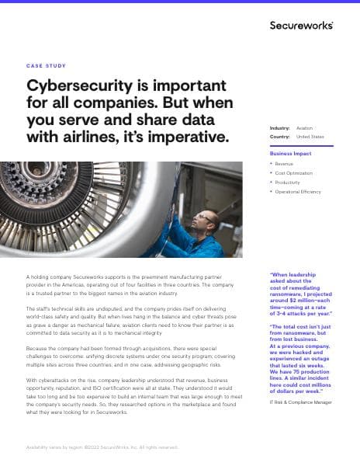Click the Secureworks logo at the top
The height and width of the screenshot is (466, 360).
(x=302, y=26)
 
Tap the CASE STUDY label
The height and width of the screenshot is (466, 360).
(x=46, y=66)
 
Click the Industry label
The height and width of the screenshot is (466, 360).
(x=280, y=127)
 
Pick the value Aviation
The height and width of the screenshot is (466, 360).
(x=305, y=127)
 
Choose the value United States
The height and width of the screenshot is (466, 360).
(x=310, y=136)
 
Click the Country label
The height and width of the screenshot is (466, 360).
(x=280, y=136)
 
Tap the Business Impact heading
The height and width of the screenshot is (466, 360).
(x=291, y=154)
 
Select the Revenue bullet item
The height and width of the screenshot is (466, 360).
(x=284, y=164)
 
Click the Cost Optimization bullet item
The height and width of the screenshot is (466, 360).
(x=294, y=173)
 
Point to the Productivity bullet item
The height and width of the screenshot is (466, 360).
(x=288, y=182)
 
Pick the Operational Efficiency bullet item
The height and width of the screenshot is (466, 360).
(x=298, y=191)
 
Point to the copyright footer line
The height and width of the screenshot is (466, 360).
(x=102, y=447)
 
